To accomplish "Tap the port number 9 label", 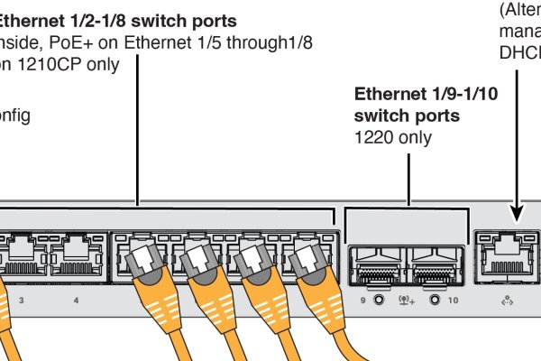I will tap(363, 299).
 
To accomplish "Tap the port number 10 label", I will tap(453, 299).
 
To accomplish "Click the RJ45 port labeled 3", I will tap(23, 255).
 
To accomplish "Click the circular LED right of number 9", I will tap(378, 299).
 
